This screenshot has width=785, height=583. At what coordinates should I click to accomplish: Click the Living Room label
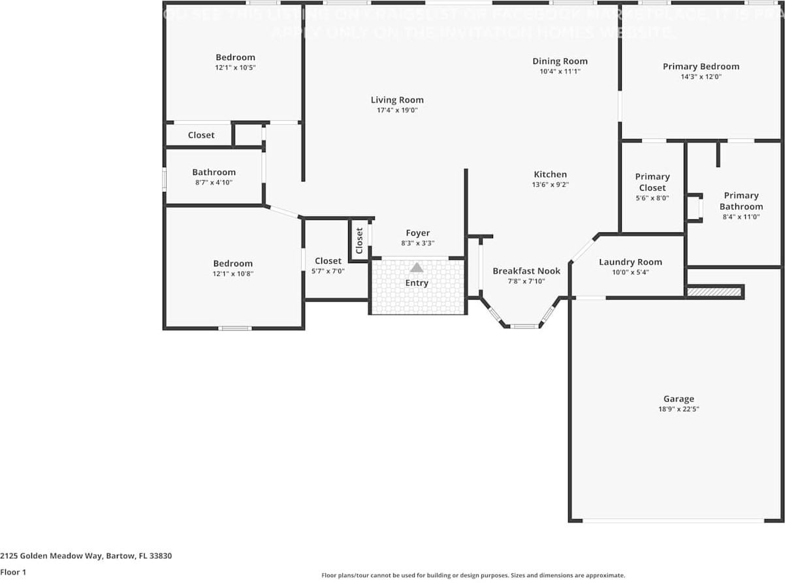click(x=397, y=100)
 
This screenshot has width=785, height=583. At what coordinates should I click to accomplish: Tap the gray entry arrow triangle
click(x=417, y=267)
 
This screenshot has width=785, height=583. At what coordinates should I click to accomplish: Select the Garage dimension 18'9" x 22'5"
click(x=679, y=409)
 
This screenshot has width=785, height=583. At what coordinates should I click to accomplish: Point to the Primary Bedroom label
click(x=701, y=67)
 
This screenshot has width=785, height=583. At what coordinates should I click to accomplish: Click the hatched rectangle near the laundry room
click(x=715, y=292)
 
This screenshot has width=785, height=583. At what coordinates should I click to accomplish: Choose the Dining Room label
click(x=560, y=61)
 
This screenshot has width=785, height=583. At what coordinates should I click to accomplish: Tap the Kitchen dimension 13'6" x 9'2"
click(x=550, y=185)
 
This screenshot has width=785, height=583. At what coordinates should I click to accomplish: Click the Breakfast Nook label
click(x=526, y=271)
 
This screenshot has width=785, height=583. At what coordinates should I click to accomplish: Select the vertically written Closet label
click(x=359, y=240)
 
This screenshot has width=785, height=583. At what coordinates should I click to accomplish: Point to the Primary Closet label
click(x=652, y=182)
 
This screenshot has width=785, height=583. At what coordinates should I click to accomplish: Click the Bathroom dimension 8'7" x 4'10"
click(x=214, y=183)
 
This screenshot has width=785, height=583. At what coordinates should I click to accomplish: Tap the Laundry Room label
click(x=630, y=262)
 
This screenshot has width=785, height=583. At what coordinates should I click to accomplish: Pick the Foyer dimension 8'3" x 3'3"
click(x=418, y=243)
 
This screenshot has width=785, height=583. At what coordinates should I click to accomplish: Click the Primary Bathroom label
click(x=741, y=201)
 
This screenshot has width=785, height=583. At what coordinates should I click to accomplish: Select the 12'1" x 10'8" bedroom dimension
click(x=232, y=274)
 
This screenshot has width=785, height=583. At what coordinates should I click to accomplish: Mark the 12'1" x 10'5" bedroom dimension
click(x=235, y=67)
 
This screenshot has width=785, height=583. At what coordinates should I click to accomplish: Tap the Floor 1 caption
click(x=13, y=572)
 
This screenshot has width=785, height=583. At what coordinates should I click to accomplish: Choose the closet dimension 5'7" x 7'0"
click(x=328, y=271)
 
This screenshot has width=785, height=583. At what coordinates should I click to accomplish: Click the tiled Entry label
click(x=417, y=283)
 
